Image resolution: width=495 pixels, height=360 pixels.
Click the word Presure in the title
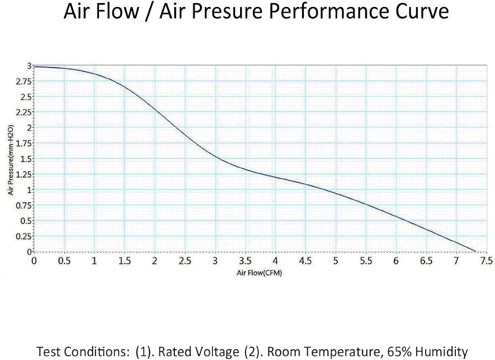tap(211, 11)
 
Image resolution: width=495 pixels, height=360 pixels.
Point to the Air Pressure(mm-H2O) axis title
tap(11, 160)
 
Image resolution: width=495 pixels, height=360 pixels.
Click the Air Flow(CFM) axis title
tap(259, 272)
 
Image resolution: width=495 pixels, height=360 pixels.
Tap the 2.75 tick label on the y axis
tap(24, 82)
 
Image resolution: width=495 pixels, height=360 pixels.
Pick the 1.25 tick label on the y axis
tap(24, 175)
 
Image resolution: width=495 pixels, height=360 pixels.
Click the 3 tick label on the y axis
tap(29, 66)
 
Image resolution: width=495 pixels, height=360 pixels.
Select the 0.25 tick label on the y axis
tap(24, 236)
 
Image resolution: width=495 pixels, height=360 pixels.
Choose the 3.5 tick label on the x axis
tap(245, 261)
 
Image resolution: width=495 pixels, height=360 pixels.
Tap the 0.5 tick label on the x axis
tap(64, 261)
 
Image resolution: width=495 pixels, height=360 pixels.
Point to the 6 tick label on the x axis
tap(396, 261)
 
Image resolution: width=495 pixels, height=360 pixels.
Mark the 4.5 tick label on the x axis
tap(305, 261)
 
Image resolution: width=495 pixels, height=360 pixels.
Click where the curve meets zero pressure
tap(475, 252)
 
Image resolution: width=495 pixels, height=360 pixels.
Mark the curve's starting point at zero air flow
tap(34, 67)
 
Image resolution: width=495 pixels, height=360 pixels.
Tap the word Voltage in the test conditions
tap(218, 352)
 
